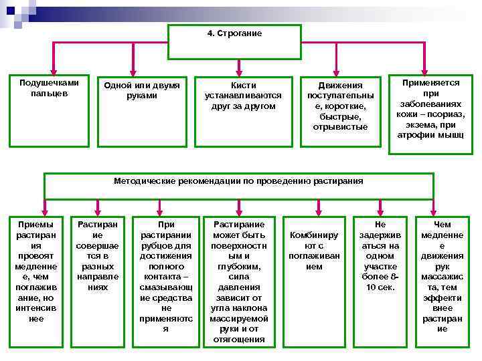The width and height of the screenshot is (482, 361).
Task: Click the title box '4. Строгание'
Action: click(234, 41)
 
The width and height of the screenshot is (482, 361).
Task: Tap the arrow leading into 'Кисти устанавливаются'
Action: click(242, 66)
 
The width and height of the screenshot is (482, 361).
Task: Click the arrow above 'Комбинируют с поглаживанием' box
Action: click(315, 205)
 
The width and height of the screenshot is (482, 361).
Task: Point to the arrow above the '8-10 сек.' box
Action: click(380, 205)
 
